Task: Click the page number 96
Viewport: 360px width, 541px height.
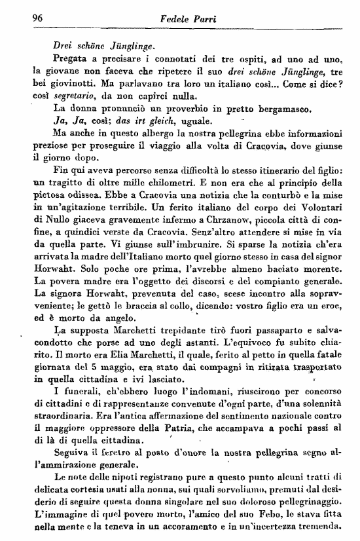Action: pyautogui.click(x=28, y=19)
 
